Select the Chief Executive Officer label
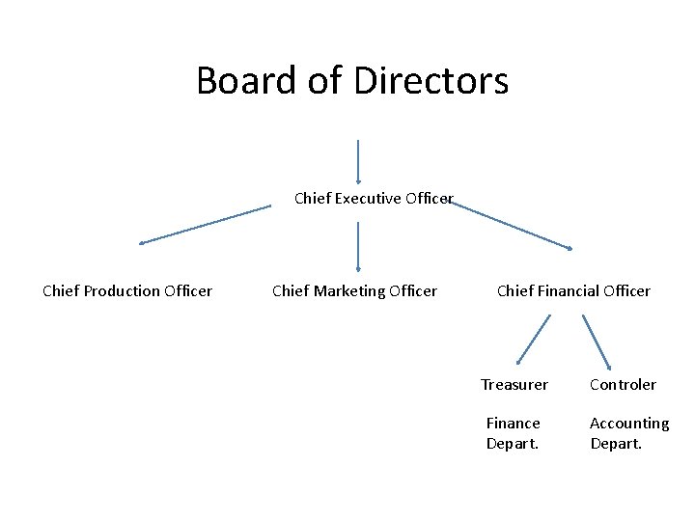374,199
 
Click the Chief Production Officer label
127,291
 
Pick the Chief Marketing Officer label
354,291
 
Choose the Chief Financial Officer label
573,291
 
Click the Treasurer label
514,385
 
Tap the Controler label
623,385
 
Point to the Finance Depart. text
513,433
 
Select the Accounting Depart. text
629,433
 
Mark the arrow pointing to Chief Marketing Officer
358,246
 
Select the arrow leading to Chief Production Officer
205,225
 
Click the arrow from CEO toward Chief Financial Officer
512,225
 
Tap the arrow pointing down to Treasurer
533,340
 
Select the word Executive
367,199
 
